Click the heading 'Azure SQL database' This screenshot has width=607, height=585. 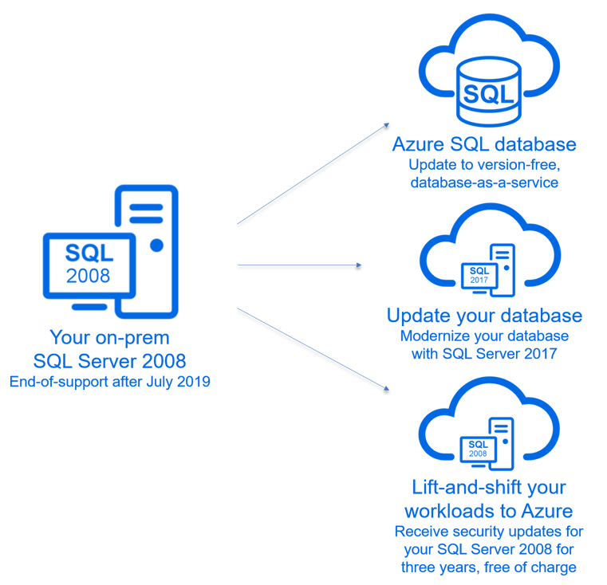coord(484,146)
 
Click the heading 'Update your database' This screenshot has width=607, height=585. coord(484,316)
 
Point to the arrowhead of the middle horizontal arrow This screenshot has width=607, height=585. coord(360,268)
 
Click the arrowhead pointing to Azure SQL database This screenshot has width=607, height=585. coord(387,126)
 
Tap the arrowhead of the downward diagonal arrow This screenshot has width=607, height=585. coord(387,391)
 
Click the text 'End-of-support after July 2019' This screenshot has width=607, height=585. coord(109,383)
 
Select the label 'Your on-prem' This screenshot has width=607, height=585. coord(109,336)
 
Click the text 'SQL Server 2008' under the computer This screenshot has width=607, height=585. coord(109,360)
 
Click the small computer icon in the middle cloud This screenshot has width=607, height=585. coord(487,271)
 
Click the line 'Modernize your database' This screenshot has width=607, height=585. coord(484,335)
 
